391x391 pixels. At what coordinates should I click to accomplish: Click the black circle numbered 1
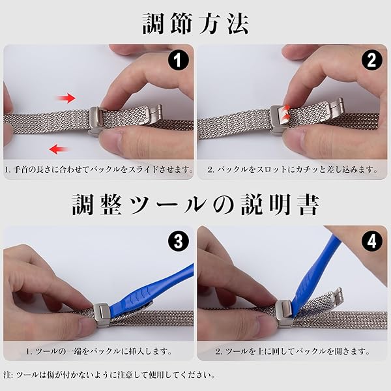[177, 61]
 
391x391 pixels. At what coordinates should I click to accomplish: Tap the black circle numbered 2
[371, 61]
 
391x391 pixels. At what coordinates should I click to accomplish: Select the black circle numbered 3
[178, 242]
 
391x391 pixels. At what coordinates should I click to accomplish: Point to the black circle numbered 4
[371, 241]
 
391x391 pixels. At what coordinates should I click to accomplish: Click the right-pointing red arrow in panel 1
[66, 98]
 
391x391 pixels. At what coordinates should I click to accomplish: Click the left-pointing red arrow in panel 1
[59, 149]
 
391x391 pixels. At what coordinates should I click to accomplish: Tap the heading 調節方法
[195, 23]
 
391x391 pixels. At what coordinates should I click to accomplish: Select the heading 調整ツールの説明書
[195, 205]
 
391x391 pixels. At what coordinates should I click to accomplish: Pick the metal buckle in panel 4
[283, 313]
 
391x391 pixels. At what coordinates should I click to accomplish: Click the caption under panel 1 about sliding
[99, 169]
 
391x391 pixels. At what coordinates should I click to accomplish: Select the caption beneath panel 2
[292, 169]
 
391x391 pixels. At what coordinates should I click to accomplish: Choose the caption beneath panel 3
[99, 351]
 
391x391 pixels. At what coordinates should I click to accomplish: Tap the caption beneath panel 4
[293, 351]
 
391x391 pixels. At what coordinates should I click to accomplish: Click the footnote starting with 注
[109, 375]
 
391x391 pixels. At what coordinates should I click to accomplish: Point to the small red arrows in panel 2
[287, 111]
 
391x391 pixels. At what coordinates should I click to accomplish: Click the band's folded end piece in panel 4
[336, 297]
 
